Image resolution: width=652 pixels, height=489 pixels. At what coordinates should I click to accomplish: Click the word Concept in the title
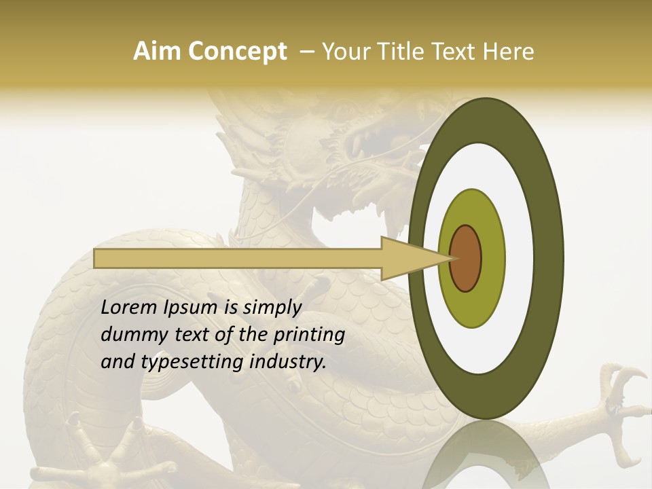pos(236,52)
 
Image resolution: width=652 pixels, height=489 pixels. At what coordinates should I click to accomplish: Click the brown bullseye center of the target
pos(465,258)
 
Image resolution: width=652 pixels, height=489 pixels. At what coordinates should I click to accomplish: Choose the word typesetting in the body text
pos(183,363)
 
